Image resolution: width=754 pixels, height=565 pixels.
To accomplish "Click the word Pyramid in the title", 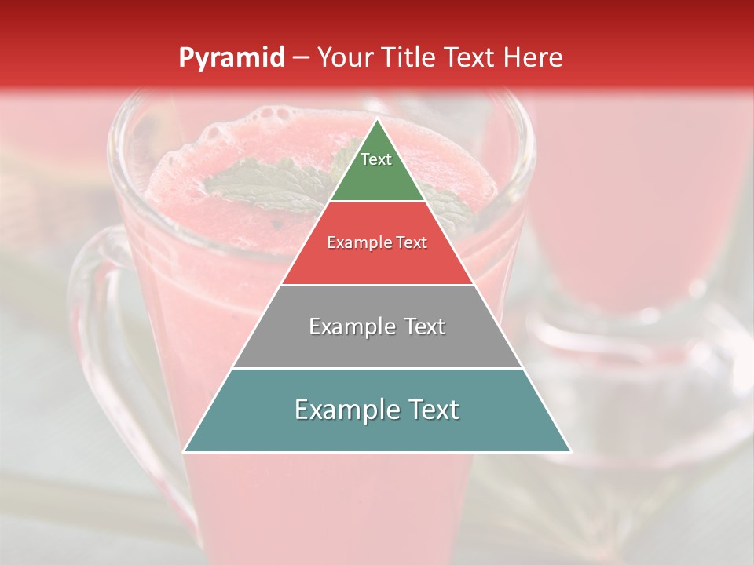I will [x=231, y=58].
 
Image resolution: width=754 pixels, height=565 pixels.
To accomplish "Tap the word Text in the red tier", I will [x=411, y=243].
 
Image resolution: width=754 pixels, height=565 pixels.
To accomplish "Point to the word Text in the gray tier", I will [x=422, y=326].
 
